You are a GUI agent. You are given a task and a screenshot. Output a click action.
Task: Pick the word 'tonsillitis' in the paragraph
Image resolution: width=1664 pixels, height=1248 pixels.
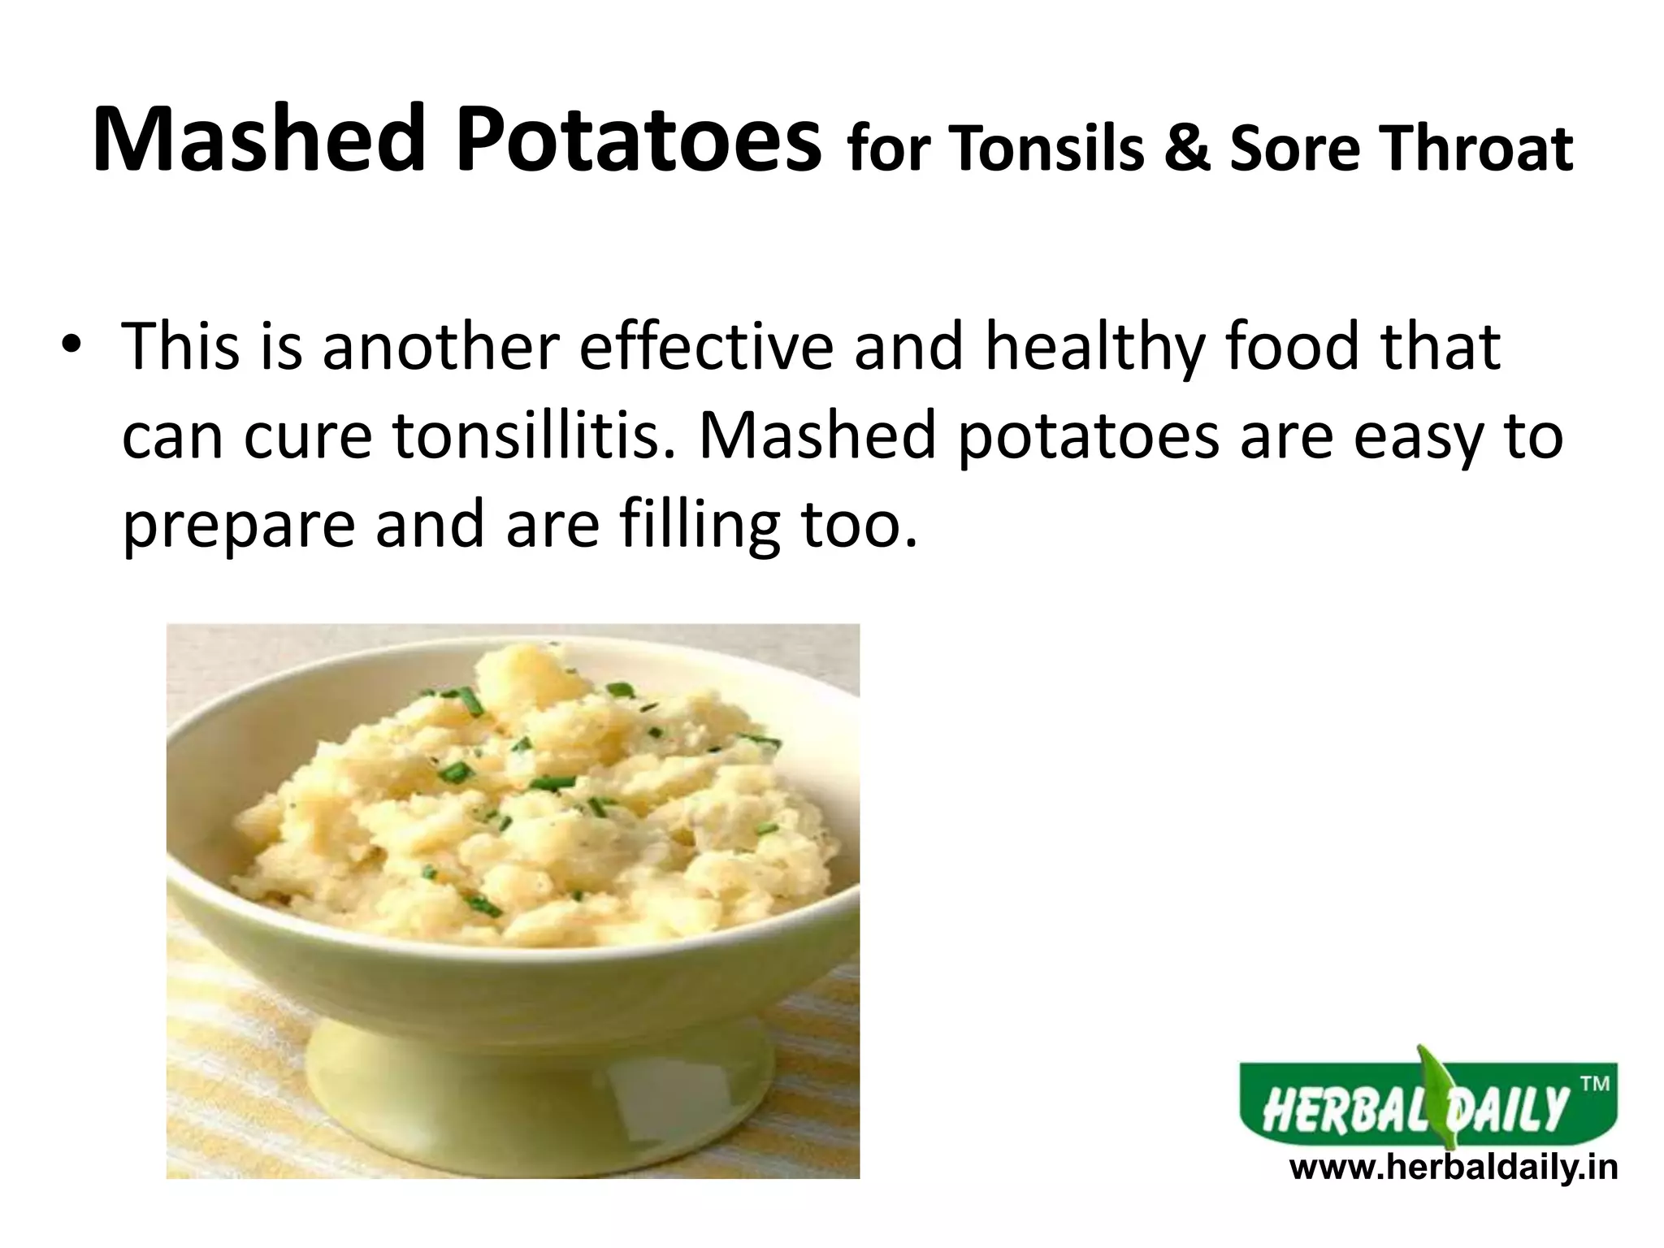point(536,437)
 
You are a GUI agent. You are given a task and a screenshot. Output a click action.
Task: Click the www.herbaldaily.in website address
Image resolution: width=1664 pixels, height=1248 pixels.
point(1454,1168)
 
